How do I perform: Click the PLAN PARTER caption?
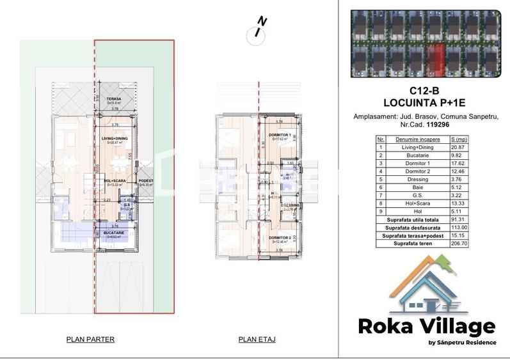pos(90,340)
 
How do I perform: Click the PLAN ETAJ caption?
pos(257,340)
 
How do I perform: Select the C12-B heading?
pos(425,91)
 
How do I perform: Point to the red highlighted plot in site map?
pos(435,58)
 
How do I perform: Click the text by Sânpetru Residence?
pos(462,342)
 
